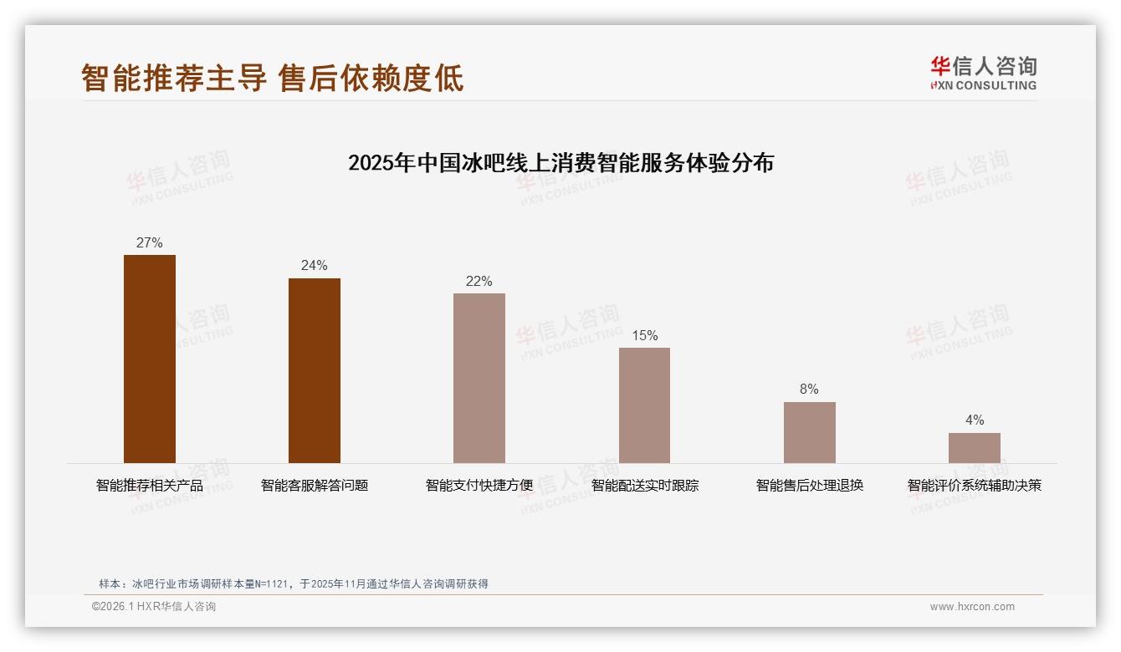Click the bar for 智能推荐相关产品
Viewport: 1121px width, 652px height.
150,359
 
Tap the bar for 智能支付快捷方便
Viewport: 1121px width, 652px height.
479,378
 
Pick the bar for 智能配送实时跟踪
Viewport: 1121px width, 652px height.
644,405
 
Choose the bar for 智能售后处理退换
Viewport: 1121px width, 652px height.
809,432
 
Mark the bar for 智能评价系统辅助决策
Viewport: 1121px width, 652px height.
974,448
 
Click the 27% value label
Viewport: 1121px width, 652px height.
149,243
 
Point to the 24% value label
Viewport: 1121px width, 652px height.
315,266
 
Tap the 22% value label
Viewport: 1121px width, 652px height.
479,282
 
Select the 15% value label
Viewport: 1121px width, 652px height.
644,336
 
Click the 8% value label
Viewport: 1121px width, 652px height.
809,390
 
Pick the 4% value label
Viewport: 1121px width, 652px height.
974,420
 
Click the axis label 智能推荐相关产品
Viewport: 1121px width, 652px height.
150,486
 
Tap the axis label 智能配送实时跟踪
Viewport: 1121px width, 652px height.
645,486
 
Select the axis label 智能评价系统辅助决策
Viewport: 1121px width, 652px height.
975,486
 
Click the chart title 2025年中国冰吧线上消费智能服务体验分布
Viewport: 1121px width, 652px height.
560,163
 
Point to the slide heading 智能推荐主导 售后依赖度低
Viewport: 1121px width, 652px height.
273,79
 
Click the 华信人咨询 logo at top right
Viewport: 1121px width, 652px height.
983,73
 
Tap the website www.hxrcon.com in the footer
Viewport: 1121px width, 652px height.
972,607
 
